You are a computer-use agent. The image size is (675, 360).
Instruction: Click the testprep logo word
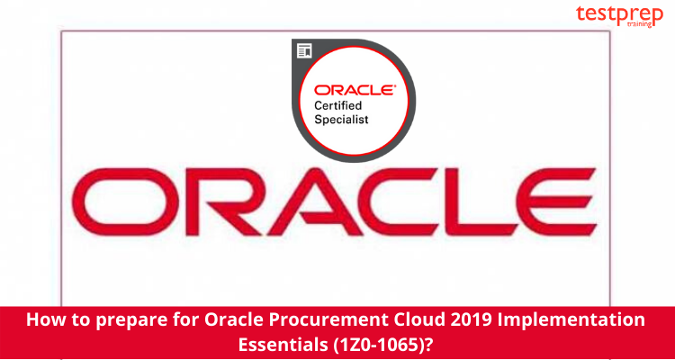[619, 14]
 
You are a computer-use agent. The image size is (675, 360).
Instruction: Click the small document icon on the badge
[305, 50]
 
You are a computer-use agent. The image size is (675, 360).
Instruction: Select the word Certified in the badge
[337, 105]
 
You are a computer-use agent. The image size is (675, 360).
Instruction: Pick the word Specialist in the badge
[341, 119]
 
